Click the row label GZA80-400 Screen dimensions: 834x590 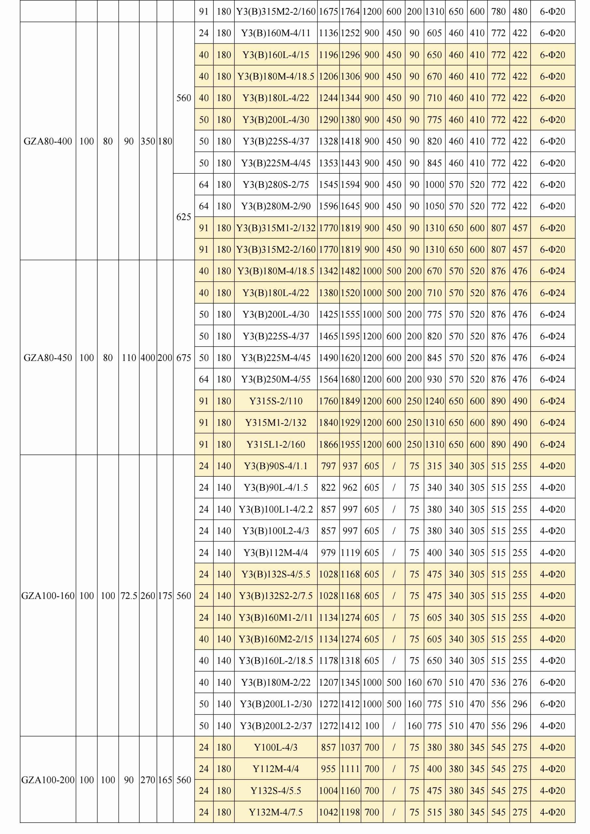pos(48,141)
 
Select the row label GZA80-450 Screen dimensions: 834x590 pos(48,358)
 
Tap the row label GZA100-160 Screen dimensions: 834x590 pos(48,596)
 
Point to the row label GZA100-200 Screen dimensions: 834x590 pos(48,780)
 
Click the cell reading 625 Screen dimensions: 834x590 pos(184,217)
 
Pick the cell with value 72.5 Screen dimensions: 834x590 pos(129,596)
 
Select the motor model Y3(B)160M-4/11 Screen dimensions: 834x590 pos(276,33)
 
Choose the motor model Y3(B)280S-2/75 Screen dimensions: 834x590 pos(276,185)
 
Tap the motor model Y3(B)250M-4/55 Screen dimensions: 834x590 pos(276,379)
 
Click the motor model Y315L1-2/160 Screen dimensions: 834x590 pos(276,444)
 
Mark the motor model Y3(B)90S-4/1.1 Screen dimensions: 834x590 pos(276,466)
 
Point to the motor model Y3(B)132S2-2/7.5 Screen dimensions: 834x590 pos(276,596)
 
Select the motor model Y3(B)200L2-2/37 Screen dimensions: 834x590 pos(276,726)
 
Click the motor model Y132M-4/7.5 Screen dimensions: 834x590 pos(276,812)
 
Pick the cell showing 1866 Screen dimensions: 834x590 pos(328,444)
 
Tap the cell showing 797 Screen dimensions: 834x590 pos(328,466)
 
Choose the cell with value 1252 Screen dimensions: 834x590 pos(350,33)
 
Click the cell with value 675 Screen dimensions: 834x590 pos(184,358)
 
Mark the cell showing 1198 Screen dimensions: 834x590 pos(350,812)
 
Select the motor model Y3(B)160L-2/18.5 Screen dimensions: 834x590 pos(276,661)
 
